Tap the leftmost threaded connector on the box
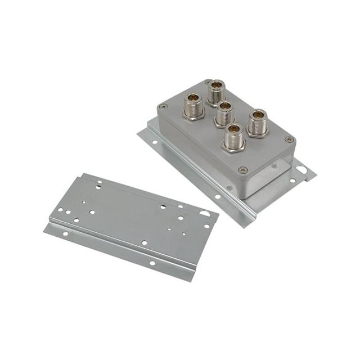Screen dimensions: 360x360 193,106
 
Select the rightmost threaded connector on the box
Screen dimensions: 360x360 258,123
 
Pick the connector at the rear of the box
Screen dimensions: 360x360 216,91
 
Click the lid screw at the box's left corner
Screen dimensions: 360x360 164,106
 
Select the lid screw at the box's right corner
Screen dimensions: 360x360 289,139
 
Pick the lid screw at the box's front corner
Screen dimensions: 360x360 243,170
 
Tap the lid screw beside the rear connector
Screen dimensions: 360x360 208,83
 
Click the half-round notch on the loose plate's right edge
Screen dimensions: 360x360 205,214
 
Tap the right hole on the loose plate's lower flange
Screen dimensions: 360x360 152,263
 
